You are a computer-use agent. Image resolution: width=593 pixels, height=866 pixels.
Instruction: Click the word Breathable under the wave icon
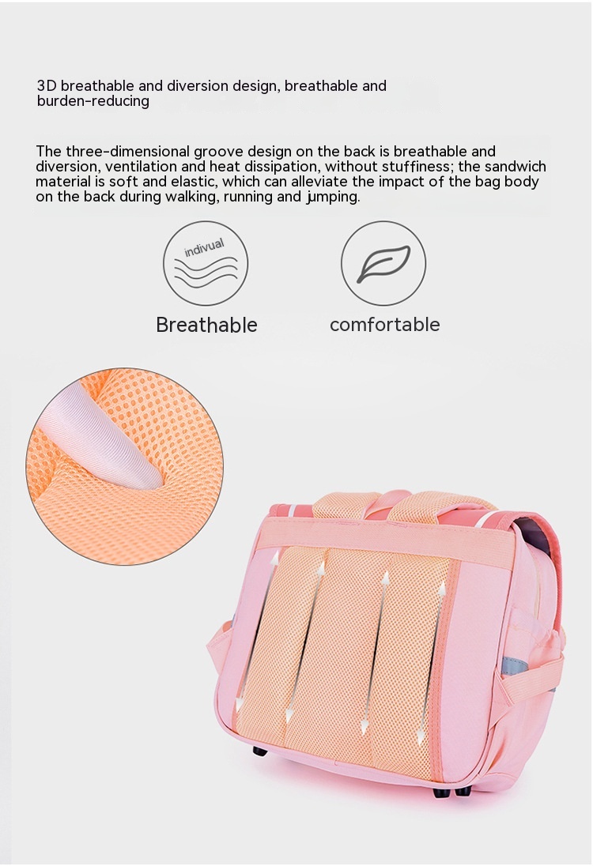[x=206, y=325]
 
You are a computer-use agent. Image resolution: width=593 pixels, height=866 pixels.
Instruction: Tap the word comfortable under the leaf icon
[x=384, y=324]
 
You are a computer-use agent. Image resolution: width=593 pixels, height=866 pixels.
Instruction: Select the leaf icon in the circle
[x=383, y=263]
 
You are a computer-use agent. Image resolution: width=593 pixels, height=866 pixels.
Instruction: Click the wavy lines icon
[x=206, y=273]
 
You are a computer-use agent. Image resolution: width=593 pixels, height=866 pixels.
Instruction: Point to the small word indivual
[x=204, y=248]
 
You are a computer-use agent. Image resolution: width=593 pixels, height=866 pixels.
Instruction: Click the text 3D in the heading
[x=47, y=85]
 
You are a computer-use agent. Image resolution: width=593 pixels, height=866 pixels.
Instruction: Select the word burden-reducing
[x=93, y=101]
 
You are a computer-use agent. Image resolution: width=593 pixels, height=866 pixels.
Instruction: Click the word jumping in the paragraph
[x=333, y=198]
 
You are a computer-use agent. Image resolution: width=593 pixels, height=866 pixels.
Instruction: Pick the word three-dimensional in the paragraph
[x=128, y=152]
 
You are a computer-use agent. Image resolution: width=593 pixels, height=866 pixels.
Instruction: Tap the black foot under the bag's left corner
[x=259, y=751]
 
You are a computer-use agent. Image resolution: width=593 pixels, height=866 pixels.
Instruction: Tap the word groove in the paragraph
[x=218, y=152]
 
